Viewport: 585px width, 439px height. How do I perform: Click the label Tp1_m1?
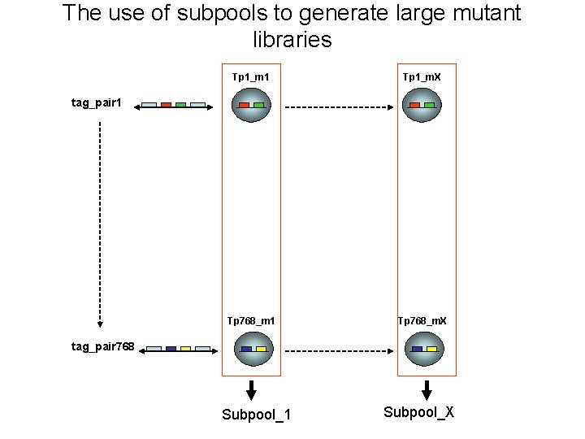coord(251,77)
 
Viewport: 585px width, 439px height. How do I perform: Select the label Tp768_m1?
coord(251,321)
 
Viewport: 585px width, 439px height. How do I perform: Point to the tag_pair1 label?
coord(97,103)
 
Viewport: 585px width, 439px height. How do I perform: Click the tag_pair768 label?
coord(102,347)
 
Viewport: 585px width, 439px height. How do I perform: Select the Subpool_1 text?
coord(257,415)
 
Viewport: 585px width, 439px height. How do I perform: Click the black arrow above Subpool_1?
coord(251,390)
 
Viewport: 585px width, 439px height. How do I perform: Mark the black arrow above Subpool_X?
coord(427,390)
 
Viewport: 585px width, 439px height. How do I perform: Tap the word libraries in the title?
coord(292,39)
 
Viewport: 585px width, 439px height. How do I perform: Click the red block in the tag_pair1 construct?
coord(166,105)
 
